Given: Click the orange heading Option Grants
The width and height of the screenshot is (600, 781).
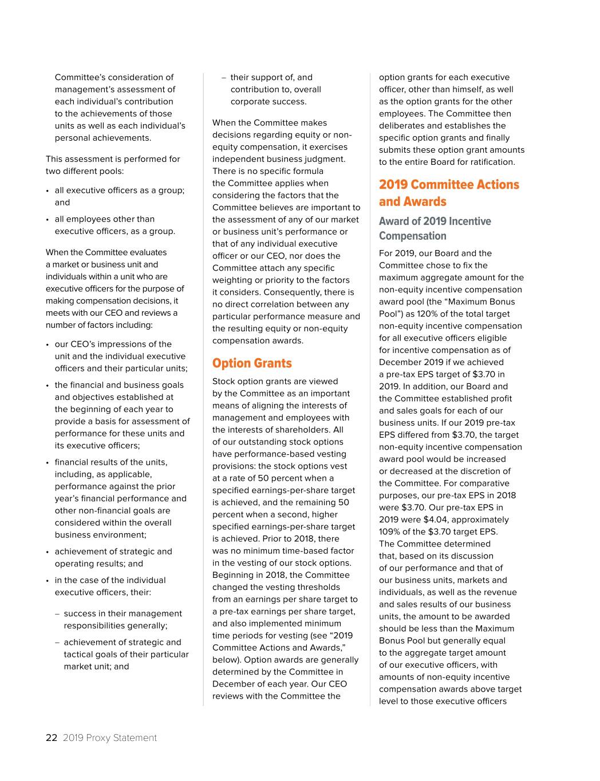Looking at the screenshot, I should pyautogui.click(x=252, y=363).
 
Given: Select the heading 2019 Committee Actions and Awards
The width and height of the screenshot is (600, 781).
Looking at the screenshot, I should pyautogui.click(x=449, y=193).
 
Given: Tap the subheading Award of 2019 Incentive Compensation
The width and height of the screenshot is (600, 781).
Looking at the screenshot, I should pyautogui.click(x=435, y=228).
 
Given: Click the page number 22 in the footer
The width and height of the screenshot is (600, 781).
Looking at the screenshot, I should pyautogui.click(x=52, y=738).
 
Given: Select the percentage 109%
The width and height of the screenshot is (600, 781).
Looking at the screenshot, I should pyautogui.click(x=389, y=532).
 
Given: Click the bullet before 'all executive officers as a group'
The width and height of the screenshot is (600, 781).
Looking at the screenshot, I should pyautogui.click(x=48, y=191).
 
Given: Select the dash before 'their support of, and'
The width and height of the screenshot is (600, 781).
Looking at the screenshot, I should pyautogui.click(x=224, y=78).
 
